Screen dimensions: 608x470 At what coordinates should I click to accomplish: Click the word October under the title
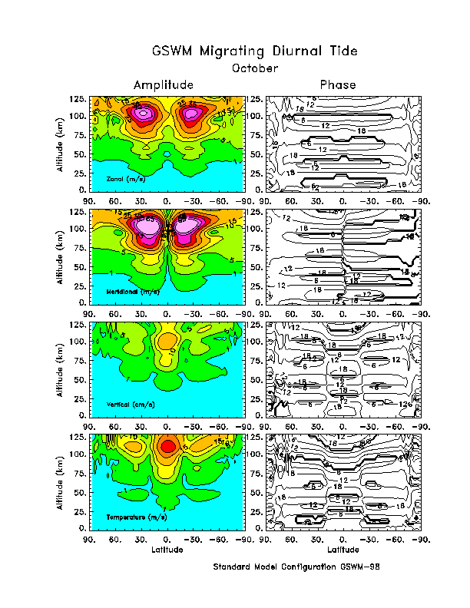coord(254,68)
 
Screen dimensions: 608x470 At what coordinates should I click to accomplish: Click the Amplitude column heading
coord(163,84)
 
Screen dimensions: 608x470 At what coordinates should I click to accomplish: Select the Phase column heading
coord(338,84)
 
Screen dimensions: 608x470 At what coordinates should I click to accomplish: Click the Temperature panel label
coord(135,517)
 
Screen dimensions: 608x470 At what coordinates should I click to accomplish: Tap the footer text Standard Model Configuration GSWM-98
coord(296,567)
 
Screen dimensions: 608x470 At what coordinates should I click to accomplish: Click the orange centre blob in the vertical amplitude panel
coord(167,339)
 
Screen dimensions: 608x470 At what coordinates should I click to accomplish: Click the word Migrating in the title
coord(231,51)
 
